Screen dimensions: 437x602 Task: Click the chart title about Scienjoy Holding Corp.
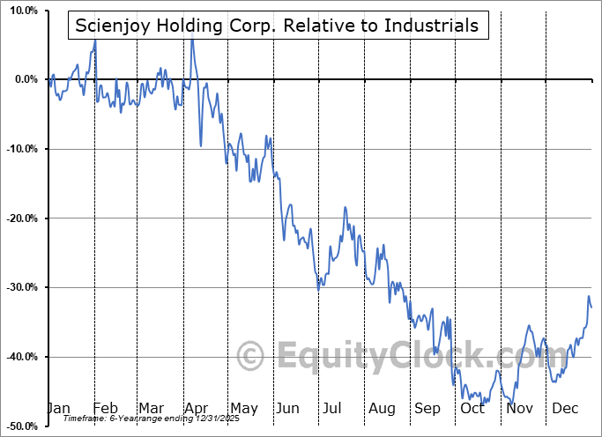tap(277, 26)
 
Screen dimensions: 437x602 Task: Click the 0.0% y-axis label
tap(25, 79)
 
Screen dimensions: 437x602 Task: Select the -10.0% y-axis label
tap(21, 149)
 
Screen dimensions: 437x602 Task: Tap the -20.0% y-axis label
tap(21, 218)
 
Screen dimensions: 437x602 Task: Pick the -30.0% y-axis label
tap(21, 287)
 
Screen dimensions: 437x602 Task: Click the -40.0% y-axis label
tap(21, 357)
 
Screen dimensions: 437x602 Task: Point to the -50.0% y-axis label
tap(21, 426)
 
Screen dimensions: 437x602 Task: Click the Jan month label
tap(58, 408)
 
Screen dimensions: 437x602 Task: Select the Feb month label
tap(105, 408)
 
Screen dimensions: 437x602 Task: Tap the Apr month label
tap(197, 408)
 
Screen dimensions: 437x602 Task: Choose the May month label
tap(243, 408)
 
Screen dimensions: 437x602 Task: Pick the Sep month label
tap(427, 408)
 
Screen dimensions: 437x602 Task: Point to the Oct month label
tap(473, 408)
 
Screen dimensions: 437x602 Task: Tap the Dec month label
tap(566, 408)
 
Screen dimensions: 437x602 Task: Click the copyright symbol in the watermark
tap(252, 357)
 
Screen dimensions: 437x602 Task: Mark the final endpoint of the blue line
tap(591, 307)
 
